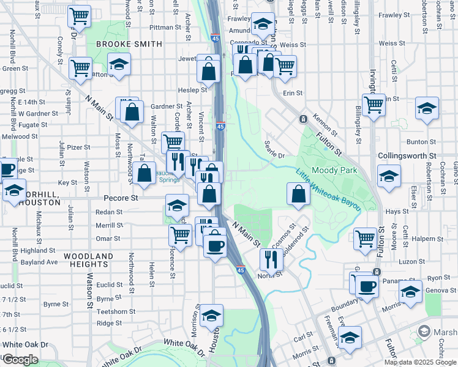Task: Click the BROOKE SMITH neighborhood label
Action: [x=129, y=44]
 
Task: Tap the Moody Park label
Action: [x=334, y=171]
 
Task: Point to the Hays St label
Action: [x=397, y=211]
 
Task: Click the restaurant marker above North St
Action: [x=270, y=259]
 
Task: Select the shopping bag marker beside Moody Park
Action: [x=298, y=195]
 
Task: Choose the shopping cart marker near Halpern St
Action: [x=366, y=237]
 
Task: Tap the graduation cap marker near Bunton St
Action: [x=427, y=108]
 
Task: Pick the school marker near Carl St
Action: [x=350, y=336]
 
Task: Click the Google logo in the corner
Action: [x=20, y=360]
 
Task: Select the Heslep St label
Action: [x=179, y=89]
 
